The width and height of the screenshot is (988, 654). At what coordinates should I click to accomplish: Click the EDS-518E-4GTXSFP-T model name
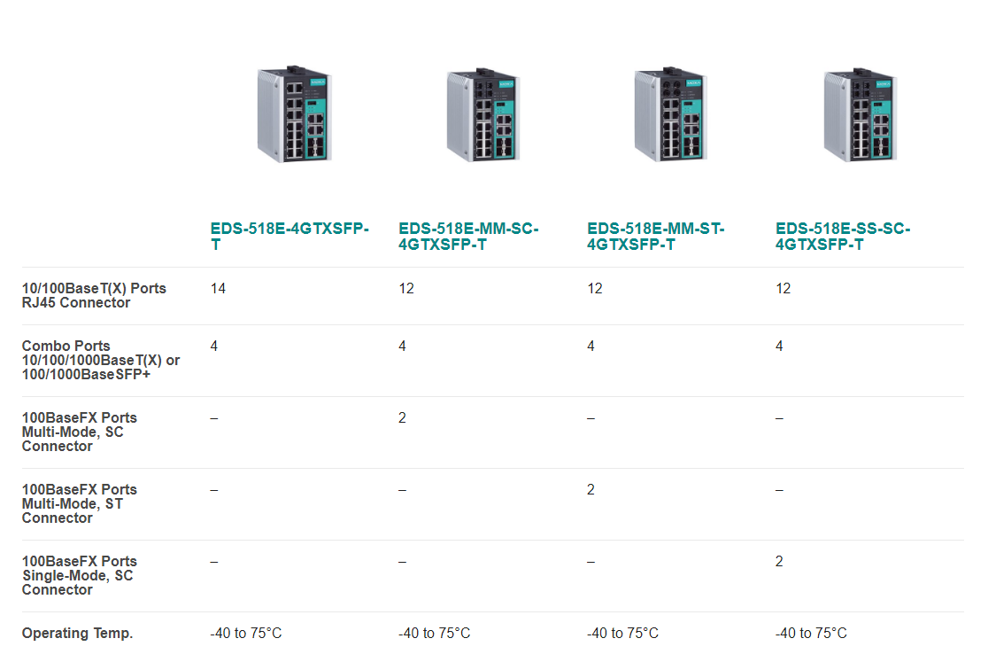[x=289, y=237]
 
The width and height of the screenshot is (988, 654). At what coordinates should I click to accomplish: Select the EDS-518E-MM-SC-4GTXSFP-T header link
[x=468, y=237]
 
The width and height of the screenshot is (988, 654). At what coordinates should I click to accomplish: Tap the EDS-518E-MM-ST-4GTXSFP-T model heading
[x=655, y=237]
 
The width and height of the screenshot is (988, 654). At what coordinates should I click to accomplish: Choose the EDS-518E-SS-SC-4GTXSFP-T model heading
[x=843, y=237]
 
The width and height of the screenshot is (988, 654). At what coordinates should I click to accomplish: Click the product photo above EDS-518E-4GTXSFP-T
[x=294, y=114]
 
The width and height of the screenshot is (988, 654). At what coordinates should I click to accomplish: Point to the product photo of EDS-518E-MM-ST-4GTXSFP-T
[x=671, y=114]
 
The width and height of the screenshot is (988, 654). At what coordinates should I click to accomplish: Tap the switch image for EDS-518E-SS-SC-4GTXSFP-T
[x=861, y=114]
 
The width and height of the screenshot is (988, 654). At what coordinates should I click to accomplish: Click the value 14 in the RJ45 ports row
[x=218, y=289]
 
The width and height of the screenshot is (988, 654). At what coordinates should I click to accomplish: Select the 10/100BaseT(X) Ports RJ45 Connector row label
[x=94, y=296]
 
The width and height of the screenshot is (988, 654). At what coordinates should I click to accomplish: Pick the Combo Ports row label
[x=101, y=360]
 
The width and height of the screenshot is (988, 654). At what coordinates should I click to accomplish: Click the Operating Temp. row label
[x=78, y=634]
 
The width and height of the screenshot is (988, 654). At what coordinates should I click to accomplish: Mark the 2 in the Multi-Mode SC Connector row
[x=402, y=418]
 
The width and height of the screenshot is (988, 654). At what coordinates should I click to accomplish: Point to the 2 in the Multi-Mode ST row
[x=590, y=490]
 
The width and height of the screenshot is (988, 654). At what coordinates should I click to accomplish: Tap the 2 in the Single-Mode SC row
[x=779, y=562]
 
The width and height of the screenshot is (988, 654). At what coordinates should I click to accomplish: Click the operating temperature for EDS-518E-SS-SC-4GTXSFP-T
[x=811, y=634]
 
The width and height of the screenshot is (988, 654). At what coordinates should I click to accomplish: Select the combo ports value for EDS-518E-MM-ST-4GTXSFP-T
[x=590, y=346]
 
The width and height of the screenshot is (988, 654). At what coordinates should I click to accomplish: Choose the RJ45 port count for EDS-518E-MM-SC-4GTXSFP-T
[x=406, y=289]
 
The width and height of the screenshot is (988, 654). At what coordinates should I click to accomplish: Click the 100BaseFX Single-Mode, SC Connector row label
[x=80, y=575]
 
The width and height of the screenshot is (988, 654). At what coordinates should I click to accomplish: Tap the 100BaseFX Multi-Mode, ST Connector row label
[x=80, y=503]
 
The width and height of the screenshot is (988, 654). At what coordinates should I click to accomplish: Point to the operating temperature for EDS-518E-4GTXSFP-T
[x=246, y=634]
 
